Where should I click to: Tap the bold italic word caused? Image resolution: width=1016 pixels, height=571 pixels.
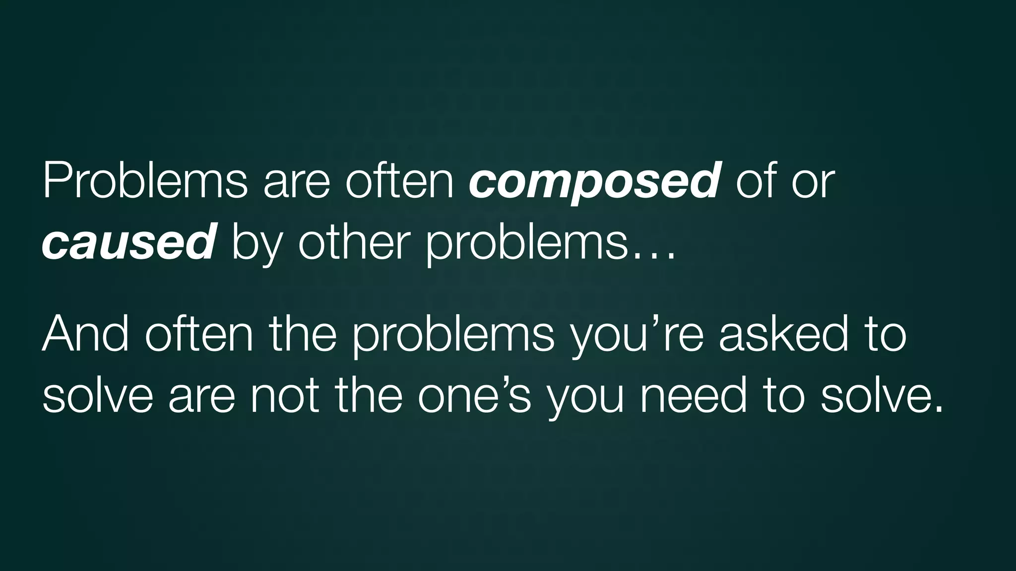coord(128,242)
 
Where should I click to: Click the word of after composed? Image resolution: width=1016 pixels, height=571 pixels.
coord(757,181)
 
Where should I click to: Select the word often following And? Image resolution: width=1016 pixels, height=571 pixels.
coord(199,334)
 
